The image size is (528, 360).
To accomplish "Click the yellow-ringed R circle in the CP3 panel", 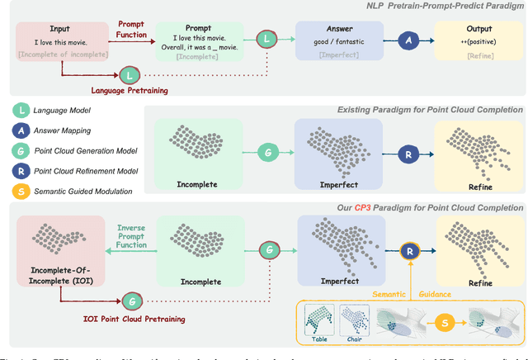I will click(409, 250).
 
